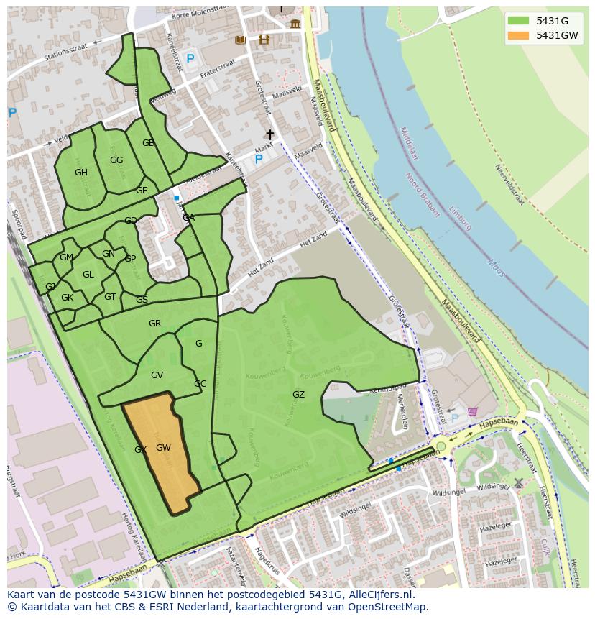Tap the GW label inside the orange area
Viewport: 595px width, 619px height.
tap(163, 448)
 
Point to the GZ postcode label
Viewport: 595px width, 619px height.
tap(298, 395)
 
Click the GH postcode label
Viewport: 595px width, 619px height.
tap(81, 173)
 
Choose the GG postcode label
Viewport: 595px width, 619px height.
tap(116, 160)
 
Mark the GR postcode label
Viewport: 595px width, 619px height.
tap(154, 324)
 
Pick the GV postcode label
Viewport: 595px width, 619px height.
tap(157, 375)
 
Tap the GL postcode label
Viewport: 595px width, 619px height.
tap(88, 275)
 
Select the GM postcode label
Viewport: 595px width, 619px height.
tap(66, 257)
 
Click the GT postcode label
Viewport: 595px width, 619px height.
tap(110, 297)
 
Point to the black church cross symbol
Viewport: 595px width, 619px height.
tap(270, 134)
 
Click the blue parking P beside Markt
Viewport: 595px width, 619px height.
tap(259, 159)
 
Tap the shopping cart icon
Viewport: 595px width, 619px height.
tap(472, 412)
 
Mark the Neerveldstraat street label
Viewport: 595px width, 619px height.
tap(509, 184)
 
